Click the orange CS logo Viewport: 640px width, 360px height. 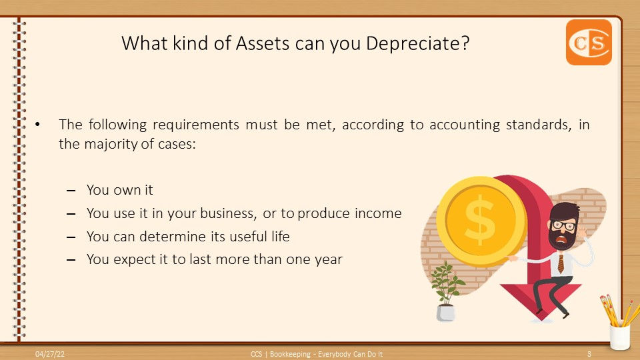(x=589, y=42)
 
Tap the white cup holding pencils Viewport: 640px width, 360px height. (x=619, y=336)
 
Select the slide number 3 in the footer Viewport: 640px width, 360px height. (x=589, y=353)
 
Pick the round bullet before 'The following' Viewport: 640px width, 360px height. (x=38, y=125)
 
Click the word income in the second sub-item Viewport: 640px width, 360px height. (x=380, y=213)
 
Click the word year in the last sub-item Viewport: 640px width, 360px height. (x=329, y=259)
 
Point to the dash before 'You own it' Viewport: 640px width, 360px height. (x=71, y=191)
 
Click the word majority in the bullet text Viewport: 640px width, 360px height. (x=109, y=144)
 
